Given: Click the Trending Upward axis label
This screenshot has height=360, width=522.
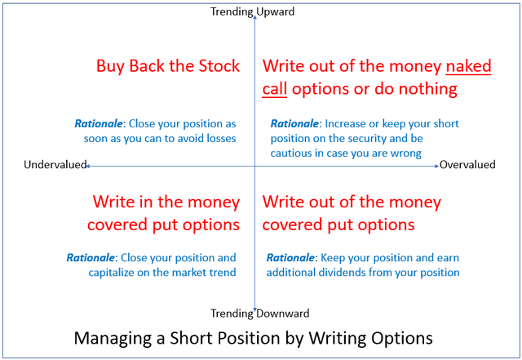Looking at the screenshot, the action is [252, 11].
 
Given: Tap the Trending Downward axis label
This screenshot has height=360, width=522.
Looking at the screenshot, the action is [259, 313].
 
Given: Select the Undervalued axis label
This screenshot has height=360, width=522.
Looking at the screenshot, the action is [55, 164].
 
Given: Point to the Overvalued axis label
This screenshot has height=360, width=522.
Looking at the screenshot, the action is [467, 164].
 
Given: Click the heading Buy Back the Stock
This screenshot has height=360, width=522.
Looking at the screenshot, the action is [168, 65].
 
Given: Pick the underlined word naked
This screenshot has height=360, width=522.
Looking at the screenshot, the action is [468, 65].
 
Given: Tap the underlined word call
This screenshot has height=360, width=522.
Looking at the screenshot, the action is [275, 89].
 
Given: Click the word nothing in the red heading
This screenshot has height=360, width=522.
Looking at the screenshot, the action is [427, 89].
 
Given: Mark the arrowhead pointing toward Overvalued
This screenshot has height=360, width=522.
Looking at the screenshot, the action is [437, 166].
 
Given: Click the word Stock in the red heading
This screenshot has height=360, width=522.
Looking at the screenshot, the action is [219, 65].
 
